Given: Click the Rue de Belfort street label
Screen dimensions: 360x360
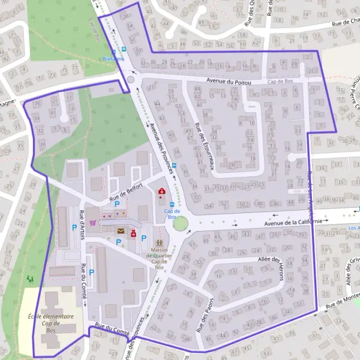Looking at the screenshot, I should pyautogui.click(x=126, y=194).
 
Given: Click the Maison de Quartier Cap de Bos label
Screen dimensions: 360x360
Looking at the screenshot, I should pyautogui.click(x=159, y=256).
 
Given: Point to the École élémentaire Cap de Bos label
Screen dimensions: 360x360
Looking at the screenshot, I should pyautogui.click(x=50, y=323).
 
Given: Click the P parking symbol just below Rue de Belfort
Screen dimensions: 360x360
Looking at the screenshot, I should pyautogui.click(x=117, y=204).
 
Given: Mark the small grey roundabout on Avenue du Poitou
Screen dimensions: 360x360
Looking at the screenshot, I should pyautogui.click(x=131, y=79).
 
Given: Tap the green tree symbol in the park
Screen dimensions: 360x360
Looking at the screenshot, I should pyautogui.click(x=30, y=280).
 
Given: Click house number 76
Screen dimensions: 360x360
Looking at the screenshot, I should pyautogui.click(x=37, y=104).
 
